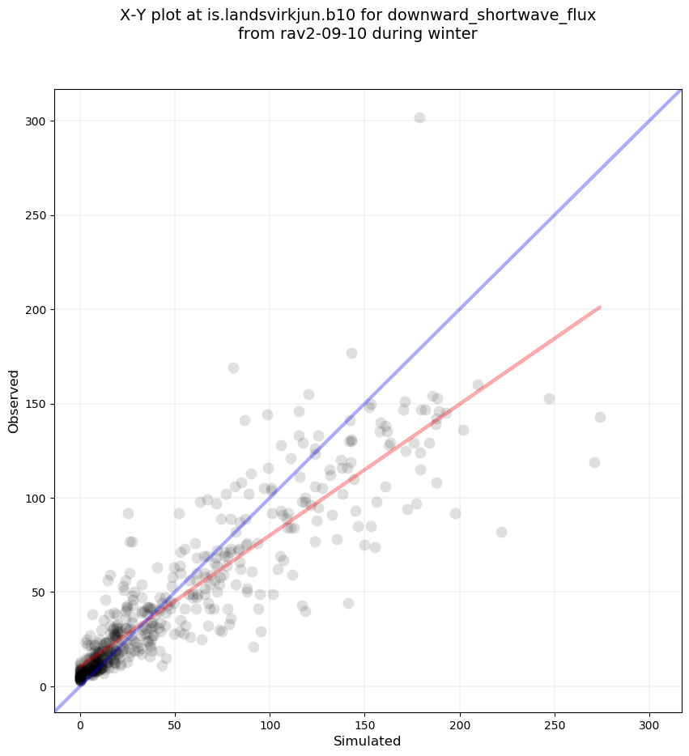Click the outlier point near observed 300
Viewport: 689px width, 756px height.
[419, 117]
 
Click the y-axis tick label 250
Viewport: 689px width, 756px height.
[36, 215]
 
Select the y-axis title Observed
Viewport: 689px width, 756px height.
[14, 401]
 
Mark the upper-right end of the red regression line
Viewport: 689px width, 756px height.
[599, 308]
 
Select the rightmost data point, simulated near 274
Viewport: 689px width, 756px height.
[600, 417]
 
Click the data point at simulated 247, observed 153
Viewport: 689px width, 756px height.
[549, 398]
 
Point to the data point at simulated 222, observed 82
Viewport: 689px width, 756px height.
[501, 532]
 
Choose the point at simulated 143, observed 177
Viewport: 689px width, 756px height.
[351, 353]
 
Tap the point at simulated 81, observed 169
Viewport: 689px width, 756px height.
[233, 367]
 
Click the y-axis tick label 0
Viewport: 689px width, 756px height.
[43, 686]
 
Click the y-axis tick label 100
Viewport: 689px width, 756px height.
[36, 498]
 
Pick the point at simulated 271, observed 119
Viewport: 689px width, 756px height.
[594, 462]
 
